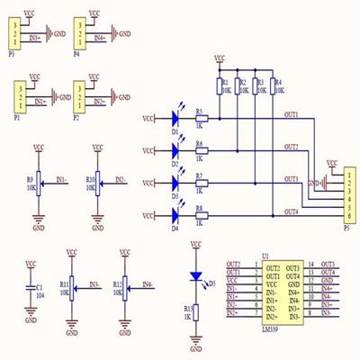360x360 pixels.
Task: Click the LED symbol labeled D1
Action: pos(177,117)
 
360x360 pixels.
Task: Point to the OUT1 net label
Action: pos(291,113)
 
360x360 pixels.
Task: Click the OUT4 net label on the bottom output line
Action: pos(291,211)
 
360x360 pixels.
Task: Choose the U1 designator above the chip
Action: pos(265,256)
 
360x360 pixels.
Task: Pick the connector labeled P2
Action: pos(78,94)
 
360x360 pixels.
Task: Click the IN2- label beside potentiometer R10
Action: pos(120,179)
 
